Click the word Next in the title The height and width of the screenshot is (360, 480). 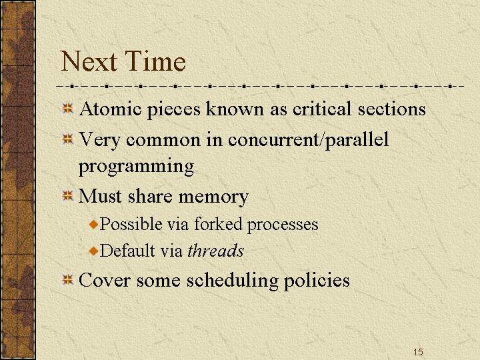[89, 61]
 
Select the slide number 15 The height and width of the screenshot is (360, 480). [418, 352]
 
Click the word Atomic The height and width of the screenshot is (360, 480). [110, 109]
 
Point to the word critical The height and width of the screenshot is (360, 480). [321, 109]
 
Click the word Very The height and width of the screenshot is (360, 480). [99, 141]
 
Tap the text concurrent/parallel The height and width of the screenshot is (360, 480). [308, 140]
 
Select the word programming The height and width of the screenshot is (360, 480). [136, 167]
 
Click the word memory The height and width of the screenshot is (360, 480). [213, 197]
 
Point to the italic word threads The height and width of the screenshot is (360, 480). [215, 251]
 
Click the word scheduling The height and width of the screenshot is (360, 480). [233, 281]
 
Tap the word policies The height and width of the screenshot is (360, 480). [317, 281]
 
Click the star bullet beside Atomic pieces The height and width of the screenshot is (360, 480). [67, 109]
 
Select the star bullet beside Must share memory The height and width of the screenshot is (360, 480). [67, 195]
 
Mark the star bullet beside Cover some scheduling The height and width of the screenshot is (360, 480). [67, 279]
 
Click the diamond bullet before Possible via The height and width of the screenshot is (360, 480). [94, 225]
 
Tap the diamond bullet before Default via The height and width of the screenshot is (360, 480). [94, 251]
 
